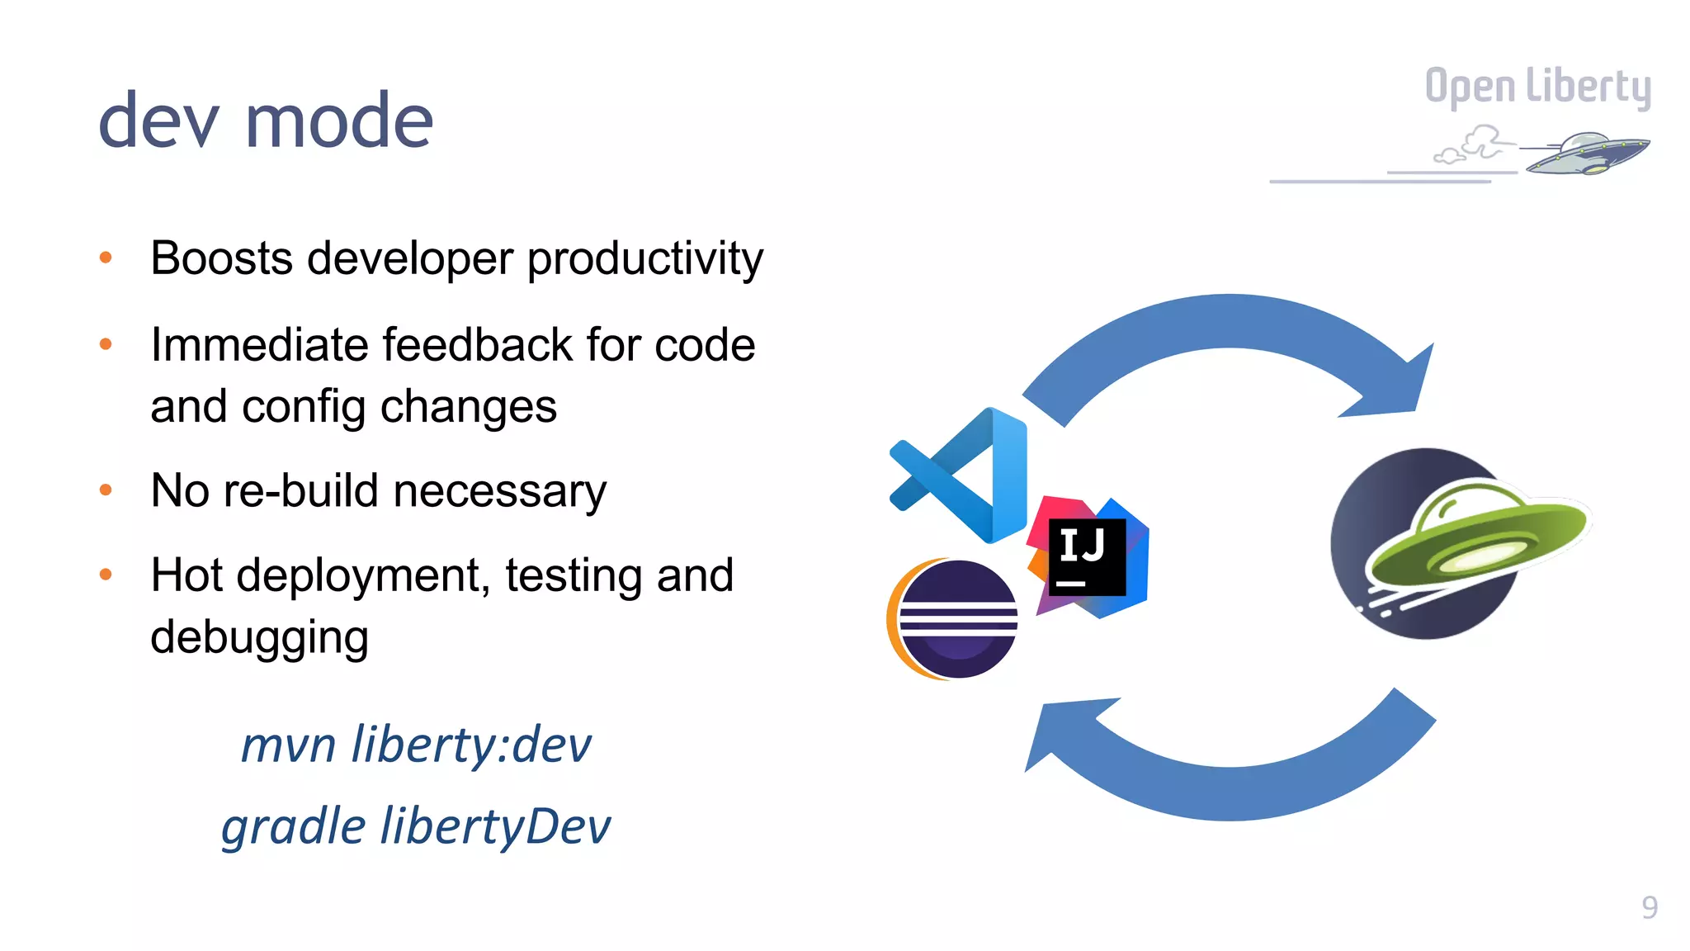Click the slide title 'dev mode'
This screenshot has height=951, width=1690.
click(x=266, y=121)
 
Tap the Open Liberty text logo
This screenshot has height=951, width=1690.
click(x=1537, y=87)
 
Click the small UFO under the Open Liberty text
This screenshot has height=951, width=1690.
click(x=1584, y=154)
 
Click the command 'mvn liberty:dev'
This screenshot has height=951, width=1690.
click(x=416, y=745)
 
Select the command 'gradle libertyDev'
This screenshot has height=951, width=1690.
click(x=416, y=826)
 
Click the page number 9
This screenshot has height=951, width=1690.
click(x=1649, y=907)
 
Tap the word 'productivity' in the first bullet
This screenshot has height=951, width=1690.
click(x=644, y=259)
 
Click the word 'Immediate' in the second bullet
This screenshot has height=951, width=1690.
click(x=259, y=345)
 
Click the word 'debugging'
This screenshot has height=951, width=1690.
click(x=259, y=637)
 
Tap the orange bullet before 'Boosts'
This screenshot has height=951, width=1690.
click(x=106, y=258)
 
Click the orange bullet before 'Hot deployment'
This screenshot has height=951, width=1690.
click(x=106, y=575)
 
